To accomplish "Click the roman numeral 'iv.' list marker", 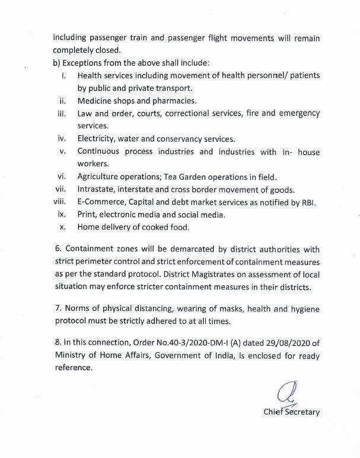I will coord(62,139).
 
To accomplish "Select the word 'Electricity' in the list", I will coord(96,139).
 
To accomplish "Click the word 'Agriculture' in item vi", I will coord(100,177).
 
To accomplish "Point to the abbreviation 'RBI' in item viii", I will coord(308,202).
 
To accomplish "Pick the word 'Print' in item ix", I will coord(87,215).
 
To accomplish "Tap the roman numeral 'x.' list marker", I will coord(63,227).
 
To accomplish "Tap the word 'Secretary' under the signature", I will coord(301,412).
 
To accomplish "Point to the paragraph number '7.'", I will coord(56,309).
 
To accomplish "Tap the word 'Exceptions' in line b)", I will coord(83,62).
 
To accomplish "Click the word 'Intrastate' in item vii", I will coord(98,190).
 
